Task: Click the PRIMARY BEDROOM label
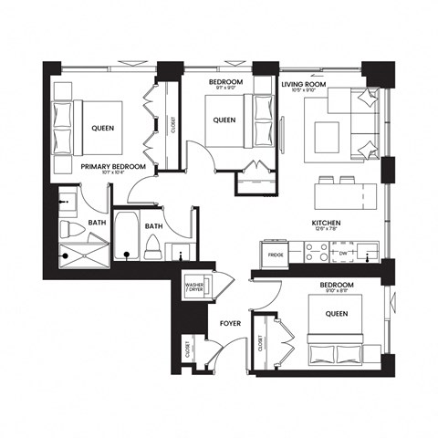[113, 167]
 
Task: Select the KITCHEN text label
[327, 223]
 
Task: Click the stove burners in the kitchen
[316, 253]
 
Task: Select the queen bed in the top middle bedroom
[228, 120]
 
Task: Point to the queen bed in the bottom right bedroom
[335, 336]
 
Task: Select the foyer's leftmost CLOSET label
[187, 349]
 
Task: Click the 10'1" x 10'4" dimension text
[113, 175]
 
